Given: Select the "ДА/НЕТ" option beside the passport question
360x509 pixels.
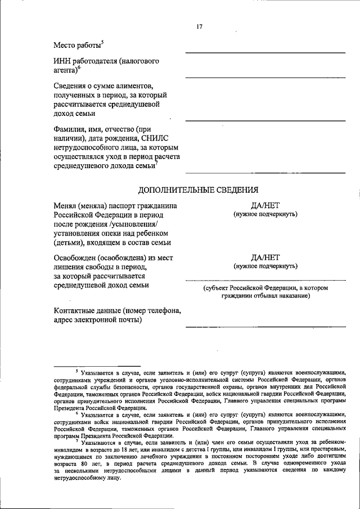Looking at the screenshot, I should (x=265, y=206).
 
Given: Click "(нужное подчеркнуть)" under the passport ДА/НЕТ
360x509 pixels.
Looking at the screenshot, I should (x=265, y=214).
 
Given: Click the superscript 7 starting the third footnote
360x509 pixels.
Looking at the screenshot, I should (x=77, y=441).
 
